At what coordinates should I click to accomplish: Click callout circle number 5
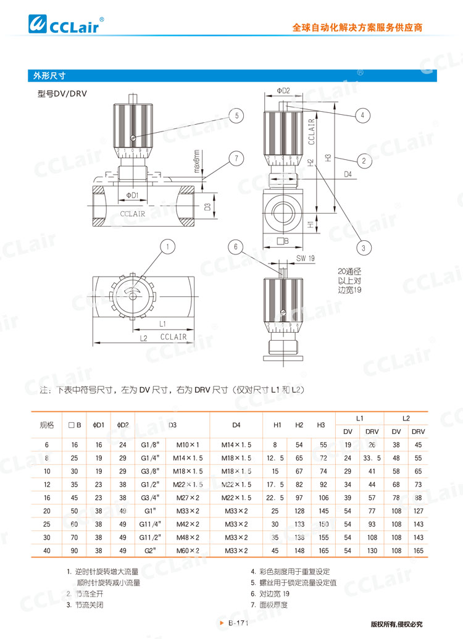[x=236, y=115]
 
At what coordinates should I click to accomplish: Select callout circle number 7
[x=236, y=157]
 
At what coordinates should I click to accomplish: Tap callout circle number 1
[x=167, y=248]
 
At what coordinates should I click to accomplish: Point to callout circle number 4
[x=364, y=115]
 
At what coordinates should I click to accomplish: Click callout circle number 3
[x=364, y=247]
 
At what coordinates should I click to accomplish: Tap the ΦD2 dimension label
[x=283, y=91]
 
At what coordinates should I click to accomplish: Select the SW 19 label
[x=306, y=258]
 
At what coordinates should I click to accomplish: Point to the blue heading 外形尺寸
[x=50, y=76]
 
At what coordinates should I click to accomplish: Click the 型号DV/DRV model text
[x=62, y=94]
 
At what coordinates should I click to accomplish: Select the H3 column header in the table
[x=320, y=424]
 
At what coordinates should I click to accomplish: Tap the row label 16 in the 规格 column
[x=46, y=497]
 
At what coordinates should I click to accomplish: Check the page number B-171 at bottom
[x=237, y=624]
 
